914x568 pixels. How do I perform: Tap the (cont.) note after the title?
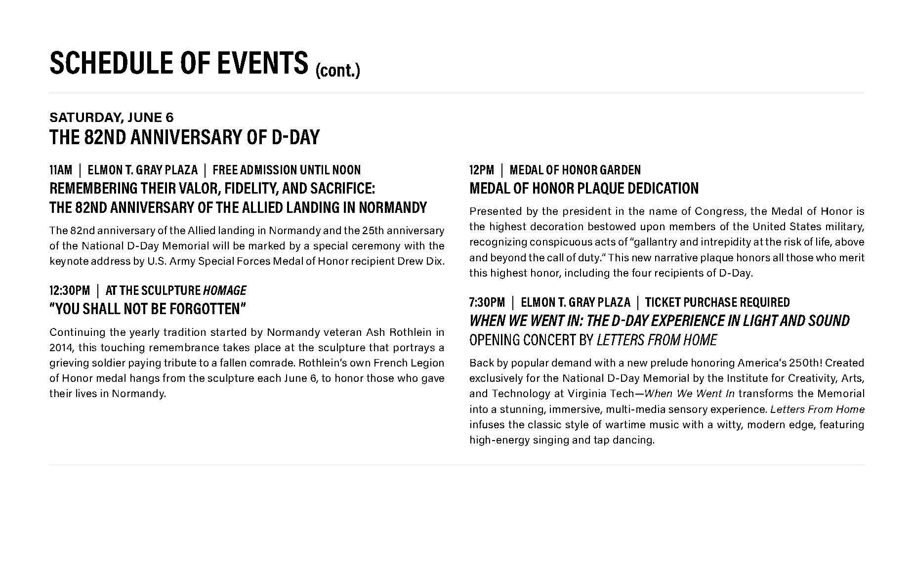[x=337, y=70]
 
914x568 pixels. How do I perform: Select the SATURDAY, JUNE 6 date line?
[x=111, y=117]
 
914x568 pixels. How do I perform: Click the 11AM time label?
[x=60, y=170]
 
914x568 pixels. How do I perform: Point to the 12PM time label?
[x=481, y=170]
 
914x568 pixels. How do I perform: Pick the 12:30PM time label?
[x=69, y=290]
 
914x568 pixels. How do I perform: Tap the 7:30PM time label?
[x=487, y=302]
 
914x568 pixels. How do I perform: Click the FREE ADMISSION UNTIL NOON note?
[x=287, y=170]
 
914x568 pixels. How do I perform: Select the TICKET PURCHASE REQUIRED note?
[x=717, y=302]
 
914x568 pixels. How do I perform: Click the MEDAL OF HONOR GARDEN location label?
[x=575, y=170]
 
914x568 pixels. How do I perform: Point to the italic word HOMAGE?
[x=224, y=290]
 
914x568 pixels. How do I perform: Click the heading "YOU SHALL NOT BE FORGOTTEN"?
[x=147, y=309]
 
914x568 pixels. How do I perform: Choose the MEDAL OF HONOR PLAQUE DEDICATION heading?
[x=583, y=189]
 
